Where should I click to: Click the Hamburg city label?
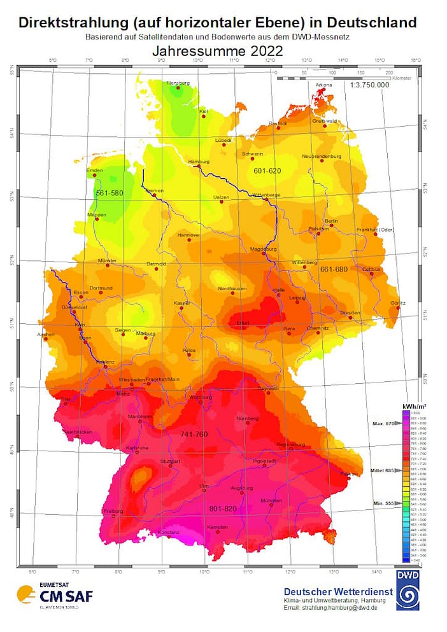coord(198,162)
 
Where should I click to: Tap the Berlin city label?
coord(330,220)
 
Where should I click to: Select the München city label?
coord(271,500)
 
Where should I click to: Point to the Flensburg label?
coord(178,83)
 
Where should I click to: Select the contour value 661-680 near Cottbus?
coord(334,269)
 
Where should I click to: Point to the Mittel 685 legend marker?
coord(383,471)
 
